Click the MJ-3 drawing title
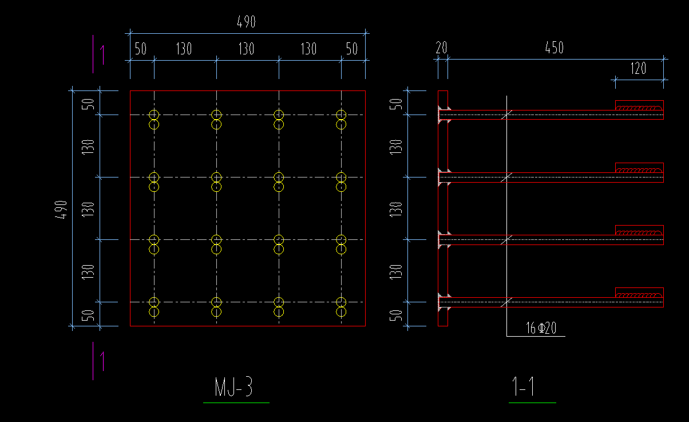click(x=234, y=388)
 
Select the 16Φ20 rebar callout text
click(x=541, y=328)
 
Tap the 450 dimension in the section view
click(x=554, y=48)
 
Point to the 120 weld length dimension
click(x=638, y=69)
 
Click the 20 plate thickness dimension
click(x=441, y=48)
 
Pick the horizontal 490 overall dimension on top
click(x=246, y=22)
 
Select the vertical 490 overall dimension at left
click(x=62, y=209)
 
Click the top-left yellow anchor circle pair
click(x=153, y=119)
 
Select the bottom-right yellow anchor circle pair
click(x=341, y=307)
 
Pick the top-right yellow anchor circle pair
click(x=341, y=119)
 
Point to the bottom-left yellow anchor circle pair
click(x=153, y=307)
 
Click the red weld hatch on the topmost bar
click(x=639, y=106)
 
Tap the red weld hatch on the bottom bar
click(x=639, y=294)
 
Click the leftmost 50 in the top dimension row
click(x=141, y=49)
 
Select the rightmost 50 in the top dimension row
click(x=352, y=49)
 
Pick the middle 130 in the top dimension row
click(x=246, y=49)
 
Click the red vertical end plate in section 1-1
click(x=443, y=209)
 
